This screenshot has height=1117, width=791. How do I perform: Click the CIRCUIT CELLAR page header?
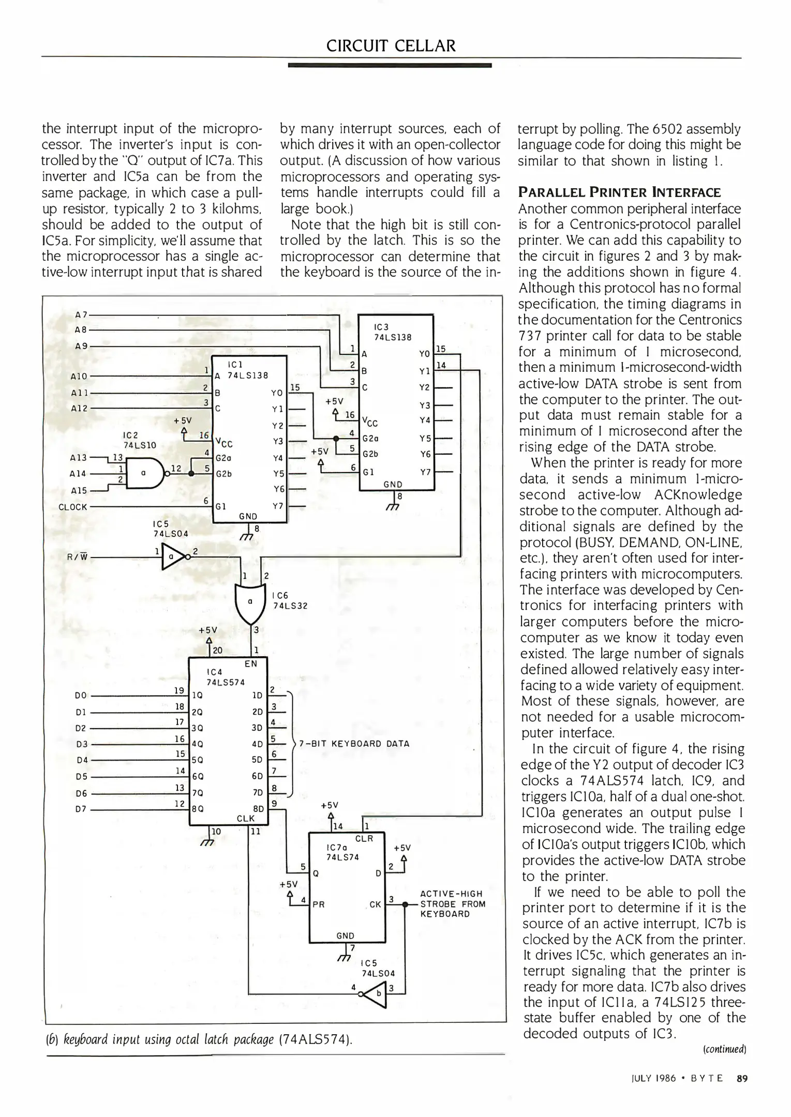coord(391,46)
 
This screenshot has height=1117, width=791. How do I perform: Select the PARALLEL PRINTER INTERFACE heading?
coord(620,193)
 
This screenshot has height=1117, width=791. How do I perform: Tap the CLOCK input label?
coord(73,507)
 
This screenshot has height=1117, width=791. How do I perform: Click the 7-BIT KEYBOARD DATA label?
coord(354,744)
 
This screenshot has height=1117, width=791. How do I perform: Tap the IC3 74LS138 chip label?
coord(392,332)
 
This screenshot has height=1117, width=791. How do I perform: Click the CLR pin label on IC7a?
coord(364,838)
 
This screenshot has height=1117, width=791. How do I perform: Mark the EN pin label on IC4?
coord(250,664)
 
